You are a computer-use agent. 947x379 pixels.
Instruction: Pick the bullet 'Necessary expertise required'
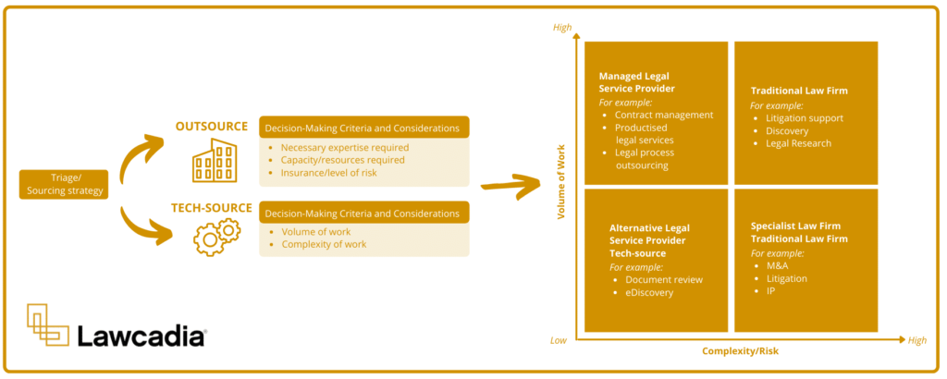(x=344, y=147)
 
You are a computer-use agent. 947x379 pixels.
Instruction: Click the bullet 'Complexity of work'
(x=324, y=244)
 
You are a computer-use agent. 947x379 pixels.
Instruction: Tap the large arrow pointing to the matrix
(x=514, y=183)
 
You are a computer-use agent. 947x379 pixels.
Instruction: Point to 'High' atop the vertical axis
(x=562, y=28)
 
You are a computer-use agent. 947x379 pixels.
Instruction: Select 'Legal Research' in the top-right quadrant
(x=798, y=143)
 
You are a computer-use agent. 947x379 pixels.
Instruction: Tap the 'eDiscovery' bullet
(x=650, y=292)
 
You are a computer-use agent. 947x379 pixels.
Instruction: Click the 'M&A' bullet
(x=778, y=265)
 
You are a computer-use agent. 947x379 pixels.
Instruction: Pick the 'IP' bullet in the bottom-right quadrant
(x=771, y=291)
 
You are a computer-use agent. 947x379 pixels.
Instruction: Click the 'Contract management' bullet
(x=663, y=115)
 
